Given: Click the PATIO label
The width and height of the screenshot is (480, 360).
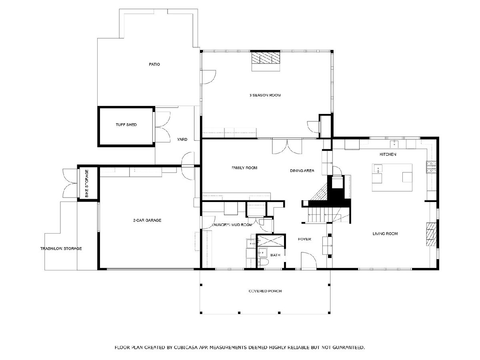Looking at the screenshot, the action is (154, 64).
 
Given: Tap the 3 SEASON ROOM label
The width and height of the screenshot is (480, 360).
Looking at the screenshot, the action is (265, 95).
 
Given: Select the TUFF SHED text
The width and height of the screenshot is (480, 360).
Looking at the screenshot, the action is (126, 124).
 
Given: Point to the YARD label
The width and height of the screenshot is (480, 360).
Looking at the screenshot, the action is (182, 139).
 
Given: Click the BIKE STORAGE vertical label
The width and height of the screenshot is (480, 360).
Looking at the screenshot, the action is (86, 183).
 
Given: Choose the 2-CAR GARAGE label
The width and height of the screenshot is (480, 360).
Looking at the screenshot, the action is (147, 220).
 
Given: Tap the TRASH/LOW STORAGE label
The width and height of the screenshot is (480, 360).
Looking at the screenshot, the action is (61, 248).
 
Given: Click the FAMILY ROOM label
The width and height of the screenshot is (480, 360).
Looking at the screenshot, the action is (244, 168).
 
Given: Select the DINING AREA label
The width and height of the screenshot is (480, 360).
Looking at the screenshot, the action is (302, 170).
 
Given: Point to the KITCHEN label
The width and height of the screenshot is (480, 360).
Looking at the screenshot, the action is (388, 154).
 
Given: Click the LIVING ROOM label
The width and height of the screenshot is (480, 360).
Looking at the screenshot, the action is (385, 234).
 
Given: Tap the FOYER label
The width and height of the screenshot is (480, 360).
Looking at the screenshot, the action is (304, 239).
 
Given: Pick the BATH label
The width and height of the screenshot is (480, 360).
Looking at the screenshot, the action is (275, 255).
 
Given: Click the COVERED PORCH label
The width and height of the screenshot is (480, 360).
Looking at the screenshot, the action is (265, 291).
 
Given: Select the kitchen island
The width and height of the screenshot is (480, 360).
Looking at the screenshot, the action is (392, 178).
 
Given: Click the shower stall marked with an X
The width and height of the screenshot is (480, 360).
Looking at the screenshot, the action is (271, 241).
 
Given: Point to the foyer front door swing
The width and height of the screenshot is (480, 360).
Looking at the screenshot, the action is (308, 260).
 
